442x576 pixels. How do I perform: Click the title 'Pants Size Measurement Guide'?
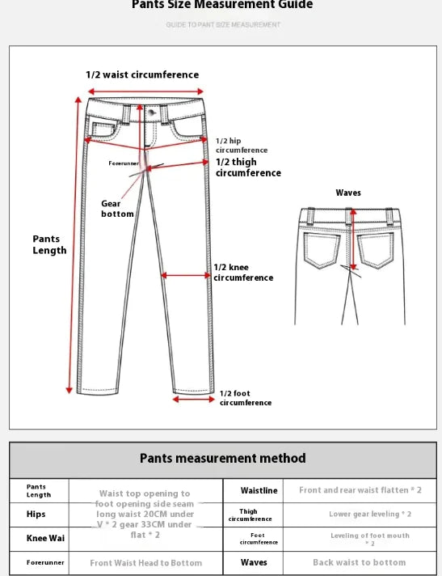pyautogui.click(x=222, y=5)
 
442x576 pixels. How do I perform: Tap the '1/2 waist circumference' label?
pyautogui.click(x=142, y=75)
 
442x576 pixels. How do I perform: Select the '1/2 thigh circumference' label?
pyautogui.click(x=248, y=167)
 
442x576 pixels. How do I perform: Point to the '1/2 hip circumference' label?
pyautogui.click(x=241, y=146)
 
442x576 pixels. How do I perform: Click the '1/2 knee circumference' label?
pyautogui.click(x=243, y=273)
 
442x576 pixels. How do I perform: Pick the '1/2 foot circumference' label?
pyautogui.click(x=246, y=398)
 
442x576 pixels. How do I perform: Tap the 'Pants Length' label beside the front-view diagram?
pyautogui.click(x=49, y=244)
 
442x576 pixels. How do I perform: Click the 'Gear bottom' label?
pyautogui.click(x=117, y=209)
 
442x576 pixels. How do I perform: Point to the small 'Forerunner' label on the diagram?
pyautogui.click(x=124, y=163)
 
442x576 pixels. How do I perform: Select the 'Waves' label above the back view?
pyautogui.click(x=348, y=193)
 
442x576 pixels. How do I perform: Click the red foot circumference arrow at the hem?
pyautogui.click(x=193, y=399)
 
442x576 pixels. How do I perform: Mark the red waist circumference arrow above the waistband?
pyautogui.click(x=143, y=91)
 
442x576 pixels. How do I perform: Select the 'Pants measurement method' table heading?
pyautogui.click(x=222, y=458)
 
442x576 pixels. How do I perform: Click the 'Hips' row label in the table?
pyautogui.click(x=36, y=514)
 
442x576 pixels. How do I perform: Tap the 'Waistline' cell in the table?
pyautogui.click(x=259, y=490)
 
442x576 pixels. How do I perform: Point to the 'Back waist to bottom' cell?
pyautogui.click(x=360, y=562)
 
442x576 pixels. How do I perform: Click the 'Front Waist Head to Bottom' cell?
pyautogui.click(x=145, y=562)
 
